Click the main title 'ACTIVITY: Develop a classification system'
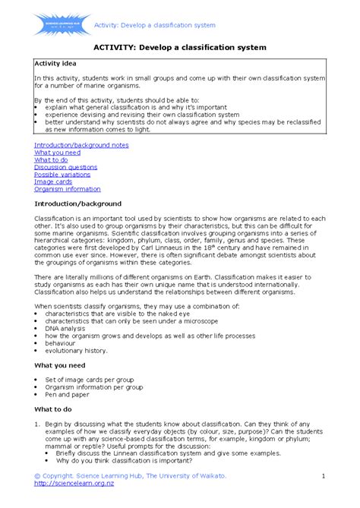pyautogui.click(x=179, y=47)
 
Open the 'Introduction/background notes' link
pyautogui.click(x=81, y=144)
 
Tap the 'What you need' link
pyautogui.click(x=57, y=152)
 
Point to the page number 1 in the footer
pyautogui.click(x=323, y=475)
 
